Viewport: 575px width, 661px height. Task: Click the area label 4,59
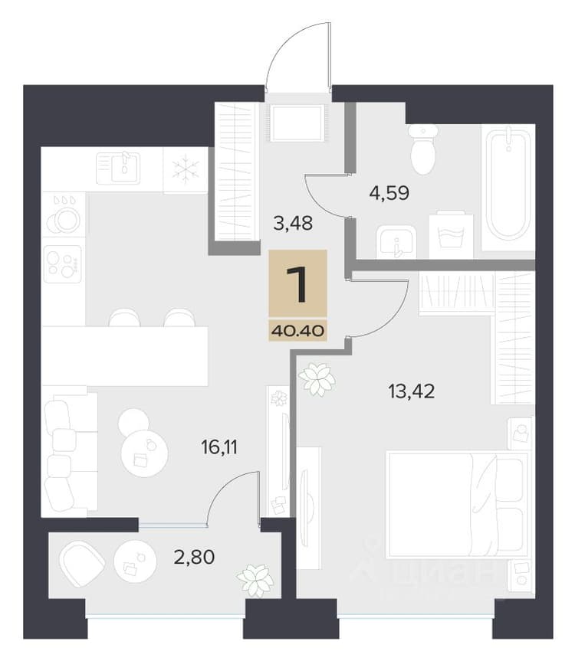[389, 193]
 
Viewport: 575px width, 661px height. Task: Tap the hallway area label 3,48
[293, 223]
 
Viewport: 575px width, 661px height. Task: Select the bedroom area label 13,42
[412, 391]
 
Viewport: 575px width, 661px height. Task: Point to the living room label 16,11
[219, 447]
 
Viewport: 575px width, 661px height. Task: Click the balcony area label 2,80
[195, 558]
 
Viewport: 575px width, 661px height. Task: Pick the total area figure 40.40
[298, 331]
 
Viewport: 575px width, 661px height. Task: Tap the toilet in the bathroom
[423, 149]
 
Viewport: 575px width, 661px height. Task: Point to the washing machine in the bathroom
[451, 235]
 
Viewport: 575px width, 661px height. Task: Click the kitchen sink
[118, 169]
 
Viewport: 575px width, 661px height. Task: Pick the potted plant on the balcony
[255, 579]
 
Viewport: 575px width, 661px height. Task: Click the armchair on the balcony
[82, 563]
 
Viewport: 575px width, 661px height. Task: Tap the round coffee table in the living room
[144, 453]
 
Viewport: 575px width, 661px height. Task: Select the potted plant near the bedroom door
[317, 378]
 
